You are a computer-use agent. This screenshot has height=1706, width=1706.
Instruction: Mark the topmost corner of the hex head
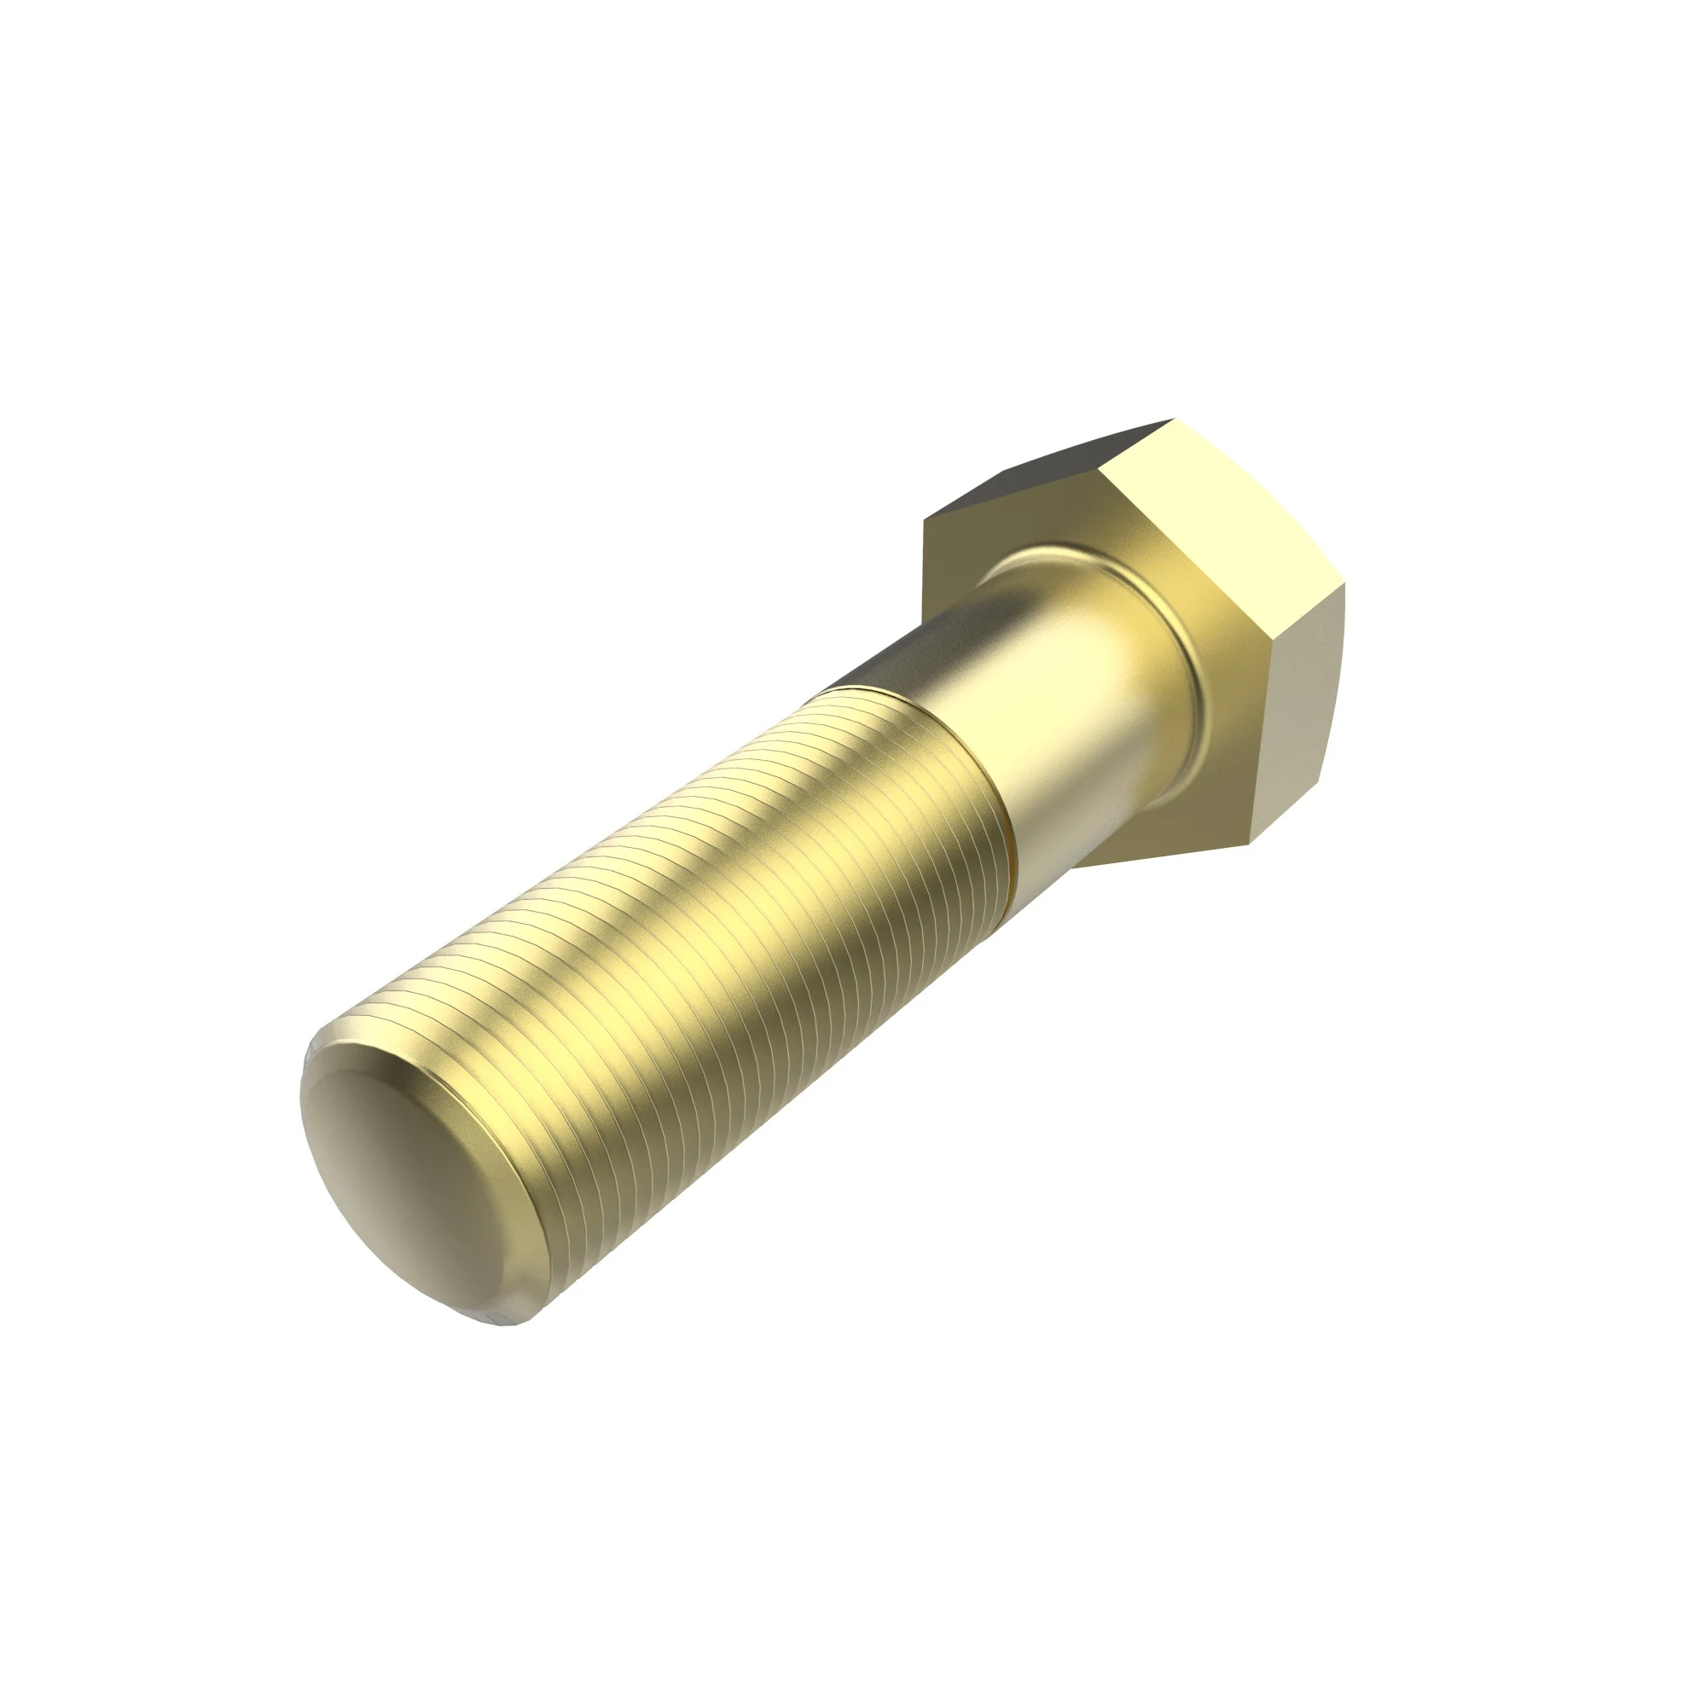pyautogui.click(x=1173, y=420)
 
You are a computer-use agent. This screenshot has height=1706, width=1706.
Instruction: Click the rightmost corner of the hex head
pyautogui.click(x=1344, y=584)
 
